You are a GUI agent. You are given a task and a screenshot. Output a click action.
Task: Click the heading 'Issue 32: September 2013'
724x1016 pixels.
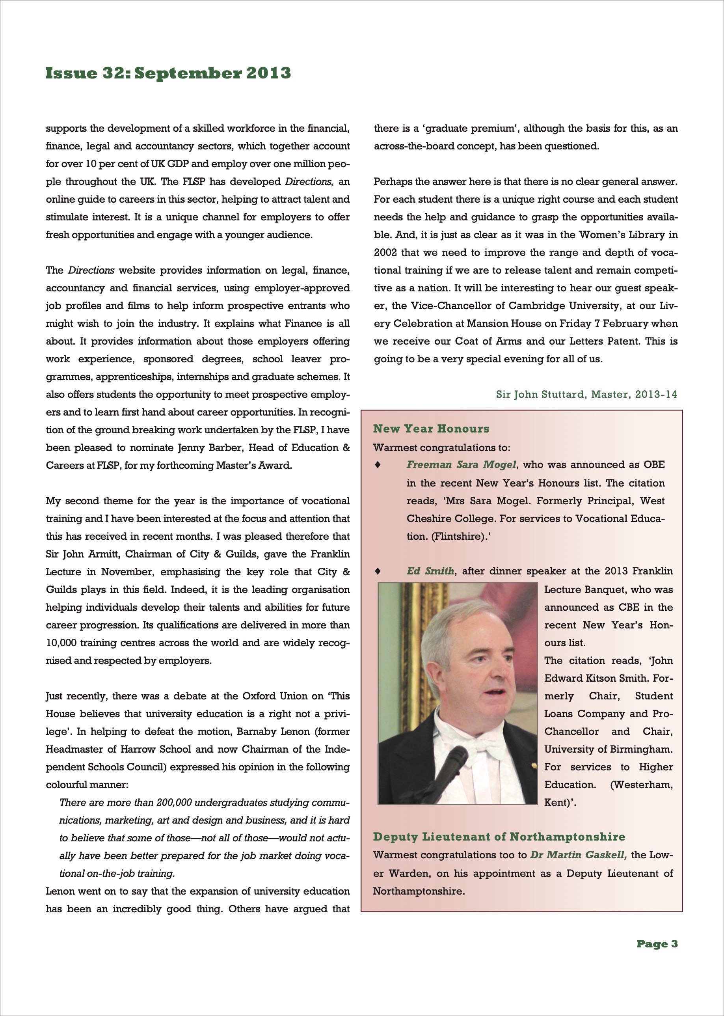168,73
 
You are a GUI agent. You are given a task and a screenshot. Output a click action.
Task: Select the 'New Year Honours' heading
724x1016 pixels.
431,429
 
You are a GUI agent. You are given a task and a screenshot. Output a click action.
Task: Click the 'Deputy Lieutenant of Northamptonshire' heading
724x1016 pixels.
499,837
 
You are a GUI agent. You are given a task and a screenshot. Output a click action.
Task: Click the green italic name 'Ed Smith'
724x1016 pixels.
430,571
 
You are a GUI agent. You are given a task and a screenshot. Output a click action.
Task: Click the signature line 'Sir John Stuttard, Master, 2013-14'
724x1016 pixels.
586,394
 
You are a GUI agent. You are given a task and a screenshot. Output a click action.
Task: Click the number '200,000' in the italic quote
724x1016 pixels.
174,803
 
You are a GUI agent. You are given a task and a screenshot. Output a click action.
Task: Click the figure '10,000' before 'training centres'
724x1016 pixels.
61,643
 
